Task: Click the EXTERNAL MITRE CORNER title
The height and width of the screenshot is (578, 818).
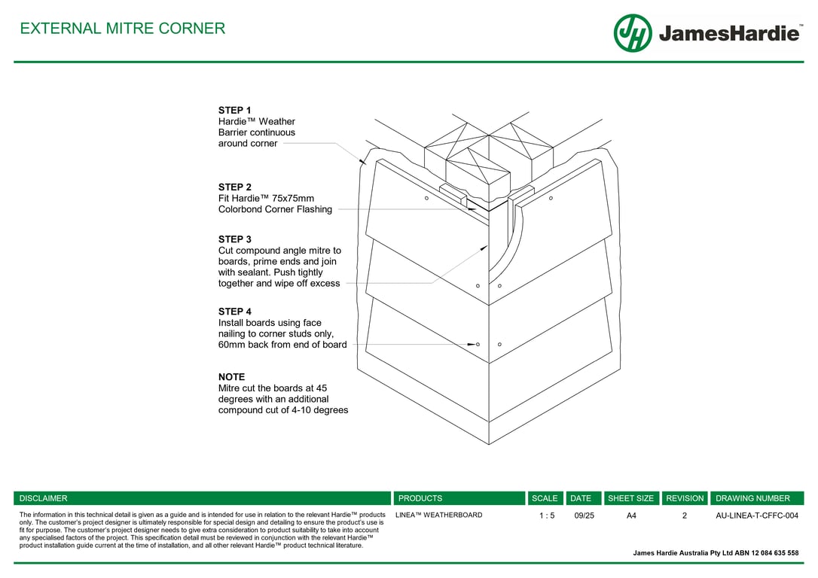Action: (x=122, y=29)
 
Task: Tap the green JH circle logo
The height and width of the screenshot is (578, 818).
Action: (x=633, y=33)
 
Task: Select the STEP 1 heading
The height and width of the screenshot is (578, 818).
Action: (x=235, y=111)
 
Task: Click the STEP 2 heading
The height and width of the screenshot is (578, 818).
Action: (x=235, y=187)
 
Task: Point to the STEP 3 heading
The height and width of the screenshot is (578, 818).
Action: (x=235, y=240)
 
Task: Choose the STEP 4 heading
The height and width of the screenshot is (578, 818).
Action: (x=235, y=312)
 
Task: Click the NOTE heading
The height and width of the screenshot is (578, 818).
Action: (x=231, y=377)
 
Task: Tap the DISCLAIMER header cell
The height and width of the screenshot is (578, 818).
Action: (x=44, y=498)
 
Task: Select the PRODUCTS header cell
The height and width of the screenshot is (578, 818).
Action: (x=420, y=498)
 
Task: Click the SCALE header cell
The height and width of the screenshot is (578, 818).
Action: (x=545, y=498)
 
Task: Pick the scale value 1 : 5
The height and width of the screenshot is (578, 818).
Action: (x=547, y=516)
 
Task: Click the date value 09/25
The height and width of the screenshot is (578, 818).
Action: (x=584, y=516)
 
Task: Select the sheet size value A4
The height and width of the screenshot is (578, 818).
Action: (x=631, y=516)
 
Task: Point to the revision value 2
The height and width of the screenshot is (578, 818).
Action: (x=685, y=516)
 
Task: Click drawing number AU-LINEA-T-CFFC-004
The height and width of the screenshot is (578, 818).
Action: (x=756, y=516)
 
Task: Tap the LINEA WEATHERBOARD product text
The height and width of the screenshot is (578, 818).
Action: (x=438, y=516)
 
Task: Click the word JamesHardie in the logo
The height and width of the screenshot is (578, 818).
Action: (x=729, y=34)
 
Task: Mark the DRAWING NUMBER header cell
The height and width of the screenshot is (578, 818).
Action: (x=752, y=498)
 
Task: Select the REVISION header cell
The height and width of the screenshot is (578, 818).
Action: (x=685, y=498)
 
